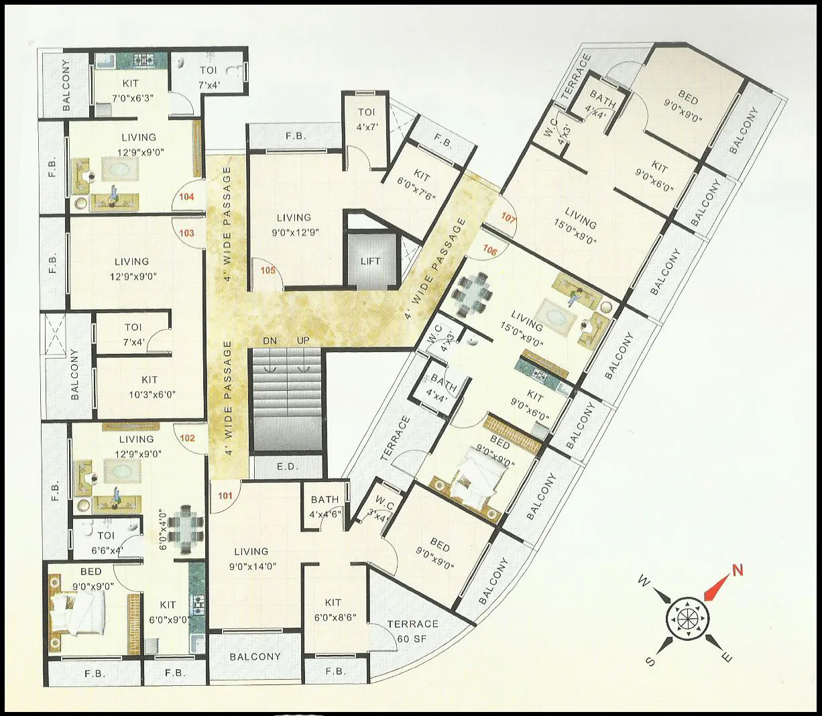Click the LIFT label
(x=370, y=261)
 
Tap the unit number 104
(x=187, y=196)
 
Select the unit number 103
(x=187, y=233)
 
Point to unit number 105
(x=268, y=271)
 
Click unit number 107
(x=509, y=219)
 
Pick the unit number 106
(x=490, y=251)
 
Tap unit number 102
(x=187, y=438)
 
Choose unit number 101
(x=225, y=496)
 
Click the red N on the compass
(x=738, y=571)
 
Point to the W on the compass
(x=642, y=581)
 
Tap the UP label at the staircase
(x=303, y=341)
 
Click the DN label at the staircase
(x=270, y=341)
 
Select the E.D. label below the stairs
(x=288, y=466)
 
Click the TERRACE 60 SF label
(x=412, y=631)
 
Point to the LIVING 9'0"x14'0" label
(x=251, y=558)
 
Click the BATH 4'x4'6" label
(x=325, y=507)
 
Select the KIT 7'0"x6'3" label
(x=131, y=90)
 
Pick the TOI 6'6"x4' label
(x=106, y=542)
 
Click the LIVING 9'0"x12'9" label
(x=294, y=225)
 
